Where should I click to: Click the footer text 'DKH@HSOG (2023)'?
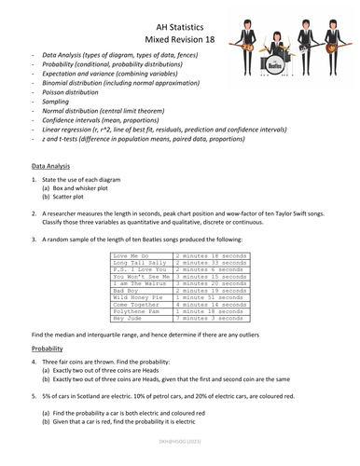pos(180,459)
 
